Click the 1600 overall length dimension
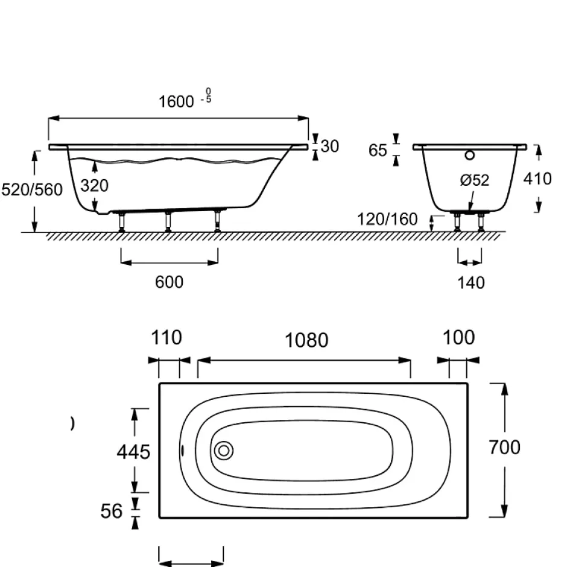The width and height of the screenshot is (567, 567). tap(176, 102)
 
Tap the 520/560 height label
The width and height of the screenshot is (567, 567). tap(32, 190)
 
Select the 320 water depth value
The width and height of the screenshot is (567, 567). tap(94, 186)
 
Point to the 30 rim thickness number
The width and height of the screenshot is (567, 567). tap(330, 147)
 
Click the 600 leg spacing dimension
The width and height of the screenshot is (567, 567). tap(169, 282)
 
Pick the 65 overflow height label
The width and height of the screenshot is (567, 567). tap(378, 150)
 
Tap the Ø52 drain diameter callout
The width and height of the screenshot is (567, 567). tap(475, 180)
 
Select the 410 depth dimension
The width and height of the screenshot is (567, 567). tap(537, 179)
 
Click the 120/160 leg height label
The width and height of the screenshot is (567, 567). tap(387, 219)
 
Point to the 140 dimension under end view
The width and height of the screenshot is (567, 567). tap(471, 283)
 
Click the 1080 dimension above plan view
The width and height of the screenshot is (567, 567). tap(306, 340)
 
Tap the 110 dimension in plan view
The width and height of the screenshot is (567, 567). tap(166, 338)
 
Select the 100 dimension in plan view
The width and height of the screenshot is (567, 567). tap(458, 338)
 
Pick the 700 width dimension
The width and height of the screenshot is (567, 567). tap(504, 448)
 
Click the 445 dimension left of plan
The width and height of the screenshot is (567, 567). tap(133, 452)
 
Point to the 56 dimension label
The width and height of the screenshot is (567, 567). tap(112, 512)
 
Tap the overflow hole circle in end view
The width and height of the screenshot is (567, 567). tap(470, 155)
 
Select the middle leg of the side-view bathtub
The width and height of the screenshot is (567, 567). tap(168, 221)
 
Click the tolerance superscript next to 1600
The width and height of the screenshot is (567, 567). tap(207, 95)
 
